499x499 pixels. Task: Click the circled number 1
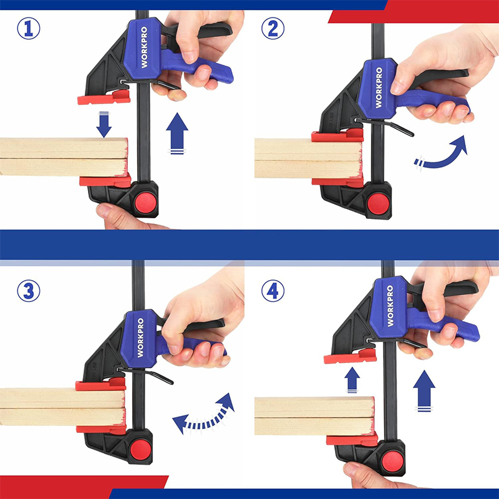29,28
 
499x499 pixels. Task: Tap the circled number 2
273,28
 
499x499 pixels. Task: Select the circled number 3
29,291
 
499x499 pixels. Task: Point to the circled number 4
273,291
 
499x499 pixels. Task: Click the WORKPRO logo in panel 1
144,47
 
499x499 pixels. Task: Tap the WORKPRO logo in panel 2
379,87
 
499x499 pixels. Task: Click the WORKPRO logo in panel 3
140,337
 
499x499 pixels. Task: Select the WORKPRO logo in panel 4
390,306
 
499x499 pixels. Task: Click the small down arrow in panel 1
104,124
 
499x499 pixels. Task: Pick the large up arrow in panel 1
177,133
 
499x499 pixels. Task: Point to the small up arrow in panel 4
352,380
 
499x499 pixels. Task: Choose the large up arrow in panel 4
424,391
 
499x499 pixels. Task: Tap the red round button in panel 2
379,204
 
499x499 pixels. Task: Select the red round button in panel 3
141,450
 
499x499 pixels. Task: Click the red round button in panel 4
392,462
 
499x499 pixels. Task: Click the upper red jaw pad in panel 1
104,97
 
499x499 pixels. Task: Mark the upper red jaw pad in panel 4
350,356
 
